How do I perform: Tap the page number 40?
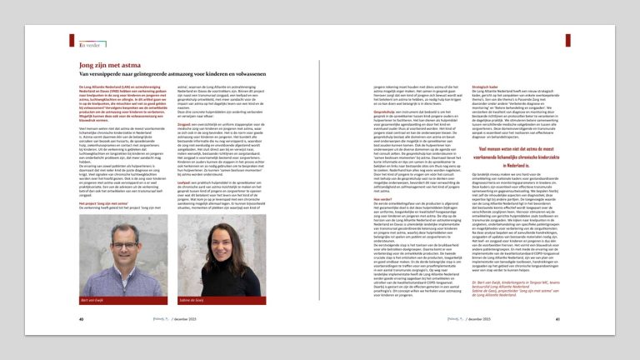coord(81,317)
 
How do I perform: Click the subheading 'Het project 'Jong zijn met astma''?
coord(110,201)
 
